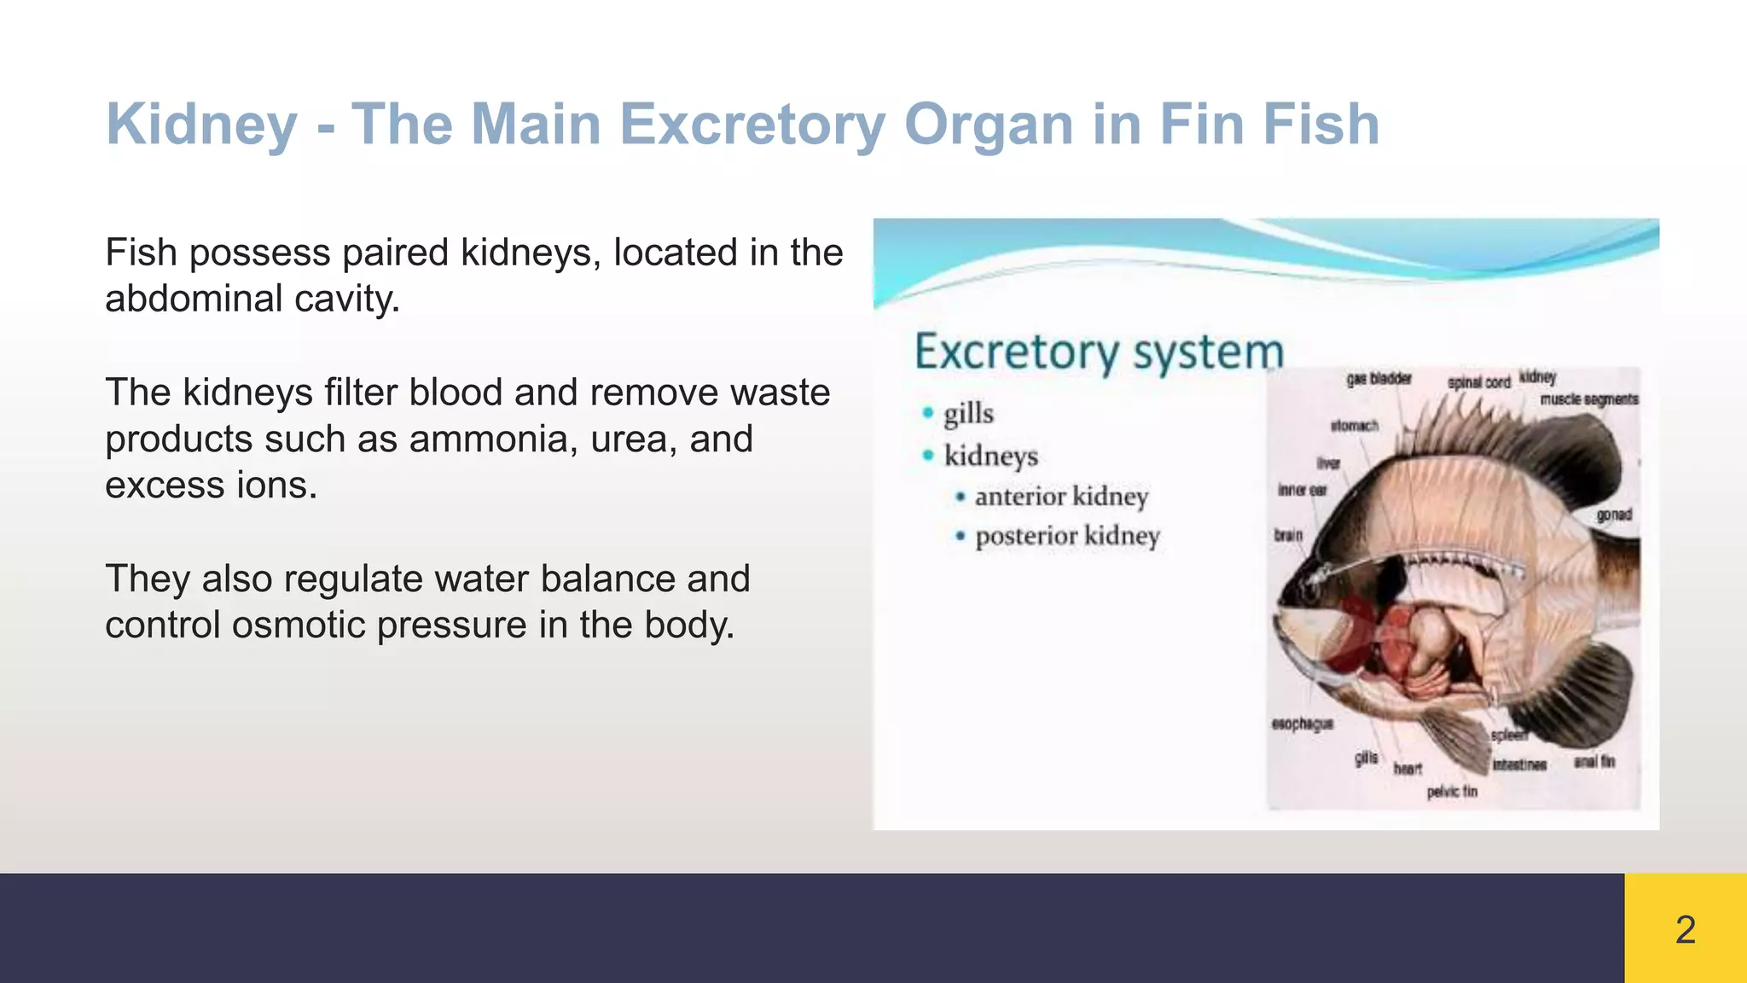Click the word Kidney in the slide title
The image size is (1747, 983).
201,125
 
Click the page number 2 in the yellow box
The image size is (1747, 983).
1685,929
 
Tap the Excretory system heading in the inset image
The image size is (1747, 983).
1099,352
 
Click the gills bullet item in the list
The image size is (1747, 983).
968,414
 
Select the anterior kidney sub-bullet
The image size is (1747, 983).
1061,497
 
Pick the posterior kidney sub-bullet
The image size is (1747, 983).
1067,537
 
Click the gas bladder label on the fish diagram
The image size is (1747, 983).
1378,379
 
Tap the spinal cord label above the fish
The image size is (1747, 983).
1478,382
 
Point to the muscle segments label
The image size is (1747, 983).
1588,399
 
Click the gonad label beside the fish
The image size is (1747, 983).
1614,515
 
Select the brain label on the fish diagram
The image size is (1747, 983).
1288,535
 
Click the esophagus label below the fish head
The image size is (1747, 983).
1302,724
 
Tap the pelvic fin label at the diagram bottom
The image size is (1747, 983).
1452,792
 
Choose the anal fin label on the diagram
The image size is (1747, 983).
1593,761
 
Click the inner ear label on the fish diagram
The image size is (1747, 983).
1302,491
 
